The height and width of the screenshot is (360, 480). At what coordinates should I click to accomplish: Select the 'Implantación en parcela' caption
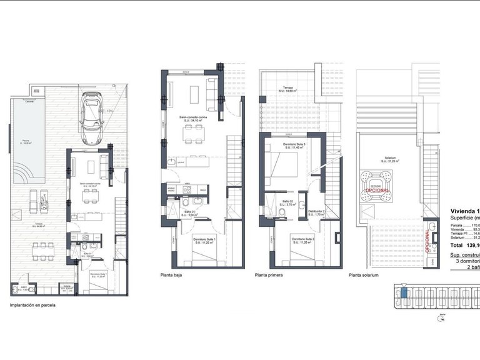(32, 306)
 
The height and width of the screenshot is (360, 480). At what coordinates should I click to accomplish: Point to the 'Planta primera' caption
(270, 274)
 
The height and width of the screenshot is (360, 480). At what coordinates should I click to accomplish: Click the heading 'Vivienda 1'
(464, 211)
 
